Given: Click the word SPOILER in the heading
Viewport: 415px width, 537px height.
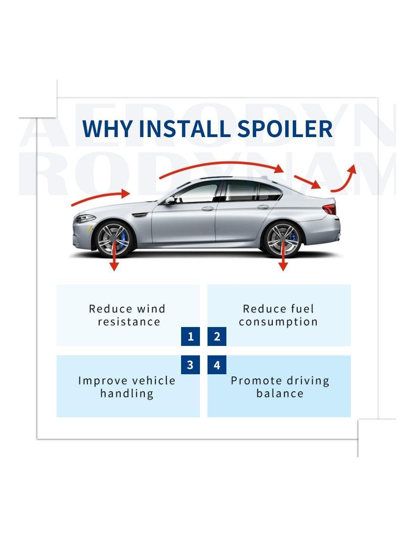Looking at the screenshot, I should [285, 128].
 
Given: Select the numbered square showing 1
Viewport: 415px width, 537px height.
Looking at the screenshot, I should [191, 336].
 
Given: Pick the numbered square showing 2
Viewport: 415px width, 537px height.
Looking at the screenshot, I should [217, 336].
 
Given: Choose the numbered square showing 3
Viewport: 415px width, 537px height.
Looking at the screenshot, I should [191, 365].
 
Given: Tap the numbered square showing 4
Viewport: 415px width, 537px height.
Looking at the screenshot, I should [217, 365].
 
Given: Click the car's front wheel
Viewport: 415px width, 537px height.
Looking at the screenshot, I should [114, 239].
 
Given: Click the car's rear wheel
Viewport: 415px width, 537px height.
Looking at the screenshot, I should [282, 239].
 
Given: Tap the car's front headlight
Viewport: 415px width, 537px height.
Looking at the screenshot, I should [86, 219].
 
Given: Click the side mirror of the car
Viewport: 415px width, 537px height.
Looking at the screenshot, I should [169, 200].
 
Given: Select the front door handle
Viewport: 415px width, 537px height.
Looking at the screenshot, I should [207, 208].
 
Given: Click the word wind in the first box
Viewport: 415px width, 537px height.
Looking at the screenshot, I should [151, 309].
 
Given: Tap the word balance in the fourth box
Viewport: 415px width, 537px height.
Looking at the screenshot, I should [280, 393].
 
